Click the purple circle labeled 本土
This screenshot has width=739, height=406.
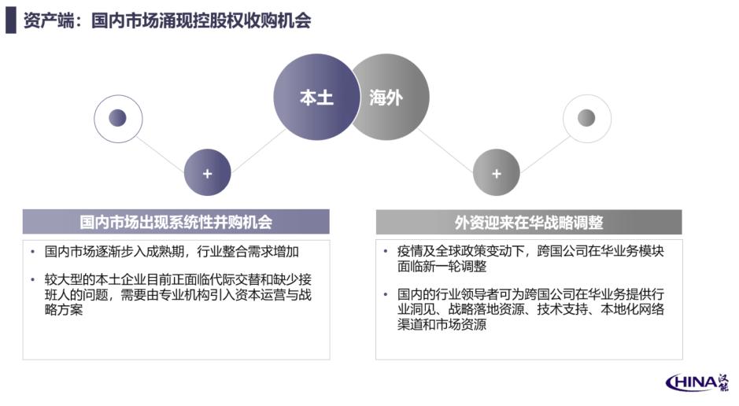pos(316,97)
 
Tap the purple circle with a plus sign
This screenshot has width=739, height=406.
pos(207,173)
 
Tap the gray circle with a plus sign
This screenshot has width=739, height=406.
pos(497,173)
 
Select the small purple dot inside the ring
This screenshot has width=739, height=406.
pos(117,118)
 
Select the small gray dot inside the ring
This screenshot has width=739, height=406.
pos(586,118)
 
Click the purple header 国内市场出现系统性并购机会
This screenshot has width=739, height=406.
pos(176,222)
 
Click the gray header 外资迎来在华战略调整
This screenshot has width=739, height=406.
pos(529,222)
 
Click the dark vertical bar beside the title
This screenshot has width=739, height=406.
pos(11,20)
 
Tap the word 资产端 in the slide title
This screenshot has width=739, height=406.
pos(49,20)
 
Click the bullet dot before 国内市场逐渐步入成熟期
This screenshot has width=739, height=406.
pos(32,252)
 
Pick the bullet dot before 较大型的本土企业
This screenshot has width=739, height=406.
pos(32,280)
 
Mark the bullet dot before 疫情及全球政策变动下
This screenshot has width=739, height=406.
pos(386,252)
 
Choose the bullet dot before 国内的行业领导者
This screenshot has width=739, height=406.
pos(386,295)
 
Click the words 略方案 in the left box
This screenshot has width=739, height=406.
pos(64,310)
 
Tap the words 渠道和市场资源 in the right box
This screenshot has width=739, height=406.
pos(442,324)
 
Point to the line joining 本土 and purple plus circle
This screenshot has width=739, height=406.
pos(258,151)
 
